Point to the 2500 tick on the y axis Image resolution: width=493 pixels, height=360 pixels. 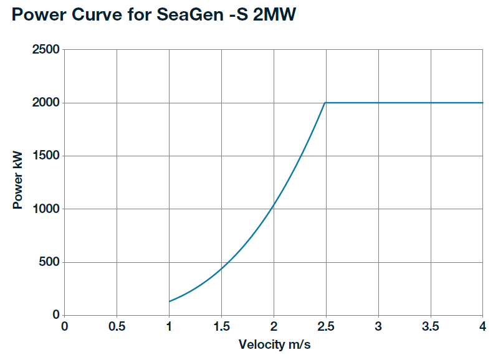45,50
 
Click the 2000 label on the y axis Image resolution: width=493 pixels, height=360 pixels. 45,103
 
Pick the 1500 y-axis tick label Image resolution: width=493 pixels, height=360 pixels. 45,156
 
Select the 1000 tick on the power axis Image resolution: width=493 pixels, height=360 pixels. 45,209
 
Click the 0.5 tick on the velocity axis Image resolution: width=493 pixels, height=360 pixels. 117,327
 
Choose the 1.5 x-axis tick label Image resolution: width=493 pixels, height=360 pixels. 221,327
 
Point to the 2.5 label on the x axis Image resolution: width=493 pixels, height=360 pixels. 326,327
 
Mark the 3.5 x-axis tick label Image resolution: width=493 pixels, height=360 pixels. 431,327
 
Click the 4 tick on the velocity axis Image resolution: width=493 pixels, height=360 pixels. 483,327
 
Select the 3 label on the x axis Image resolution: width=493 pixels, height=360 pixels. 378,327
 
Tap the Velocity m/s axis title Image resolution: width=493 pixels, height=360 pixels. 273,344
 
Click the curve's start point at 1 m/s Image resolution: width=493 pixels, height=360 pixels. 169,301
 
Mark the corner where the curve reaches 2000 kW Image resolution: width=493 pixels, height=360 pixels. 325,103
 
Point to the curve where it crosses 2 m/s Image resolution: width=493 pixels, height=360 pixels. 274,205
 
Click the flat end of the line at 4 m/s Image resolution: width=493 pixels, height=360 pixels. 482,103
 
